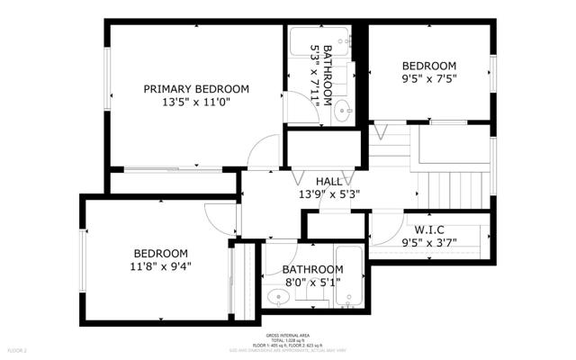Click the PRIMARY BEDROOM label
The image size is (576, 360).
pyautogui.click(x=196, y=88)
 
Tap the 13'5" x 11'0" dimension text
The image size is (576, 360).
pyautogui.click(x=196, y=103)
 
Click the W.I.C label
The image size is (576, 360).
pyautogui.click(x=428, y=229)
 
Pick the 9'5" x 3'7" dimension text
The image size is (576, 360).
pyautogui.click(x=428, y=241)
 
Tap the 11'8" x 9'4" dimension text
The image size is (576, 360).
pyautogui.click(x=161, y=265)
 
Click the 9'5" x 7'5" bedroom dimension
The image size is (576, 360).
pyautogui.click(x=428, y=78)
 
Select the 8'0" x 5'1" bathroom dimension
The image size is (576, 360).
pyautogui.click(x=312, y=282)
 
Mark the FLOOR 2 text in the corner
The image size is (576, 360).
pyautogui.click(x=18, y=349)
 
